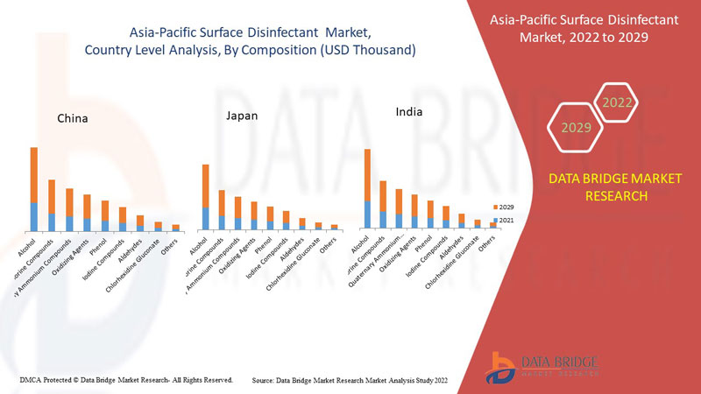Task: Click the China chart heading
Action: (72, 117)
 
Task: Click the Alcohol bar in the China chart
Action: (34, 189)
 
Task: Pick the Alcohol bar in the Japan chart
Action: (205, 197)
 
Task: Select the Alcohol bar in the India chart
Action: (368, 189)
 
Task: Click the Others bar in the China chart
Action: (175, 228)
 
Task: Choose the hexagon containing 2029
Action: (577, 128)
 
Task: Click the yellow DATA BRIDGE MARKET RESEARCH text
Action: (614, 187)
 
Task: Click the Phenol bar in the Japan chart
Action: (271, 218)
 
